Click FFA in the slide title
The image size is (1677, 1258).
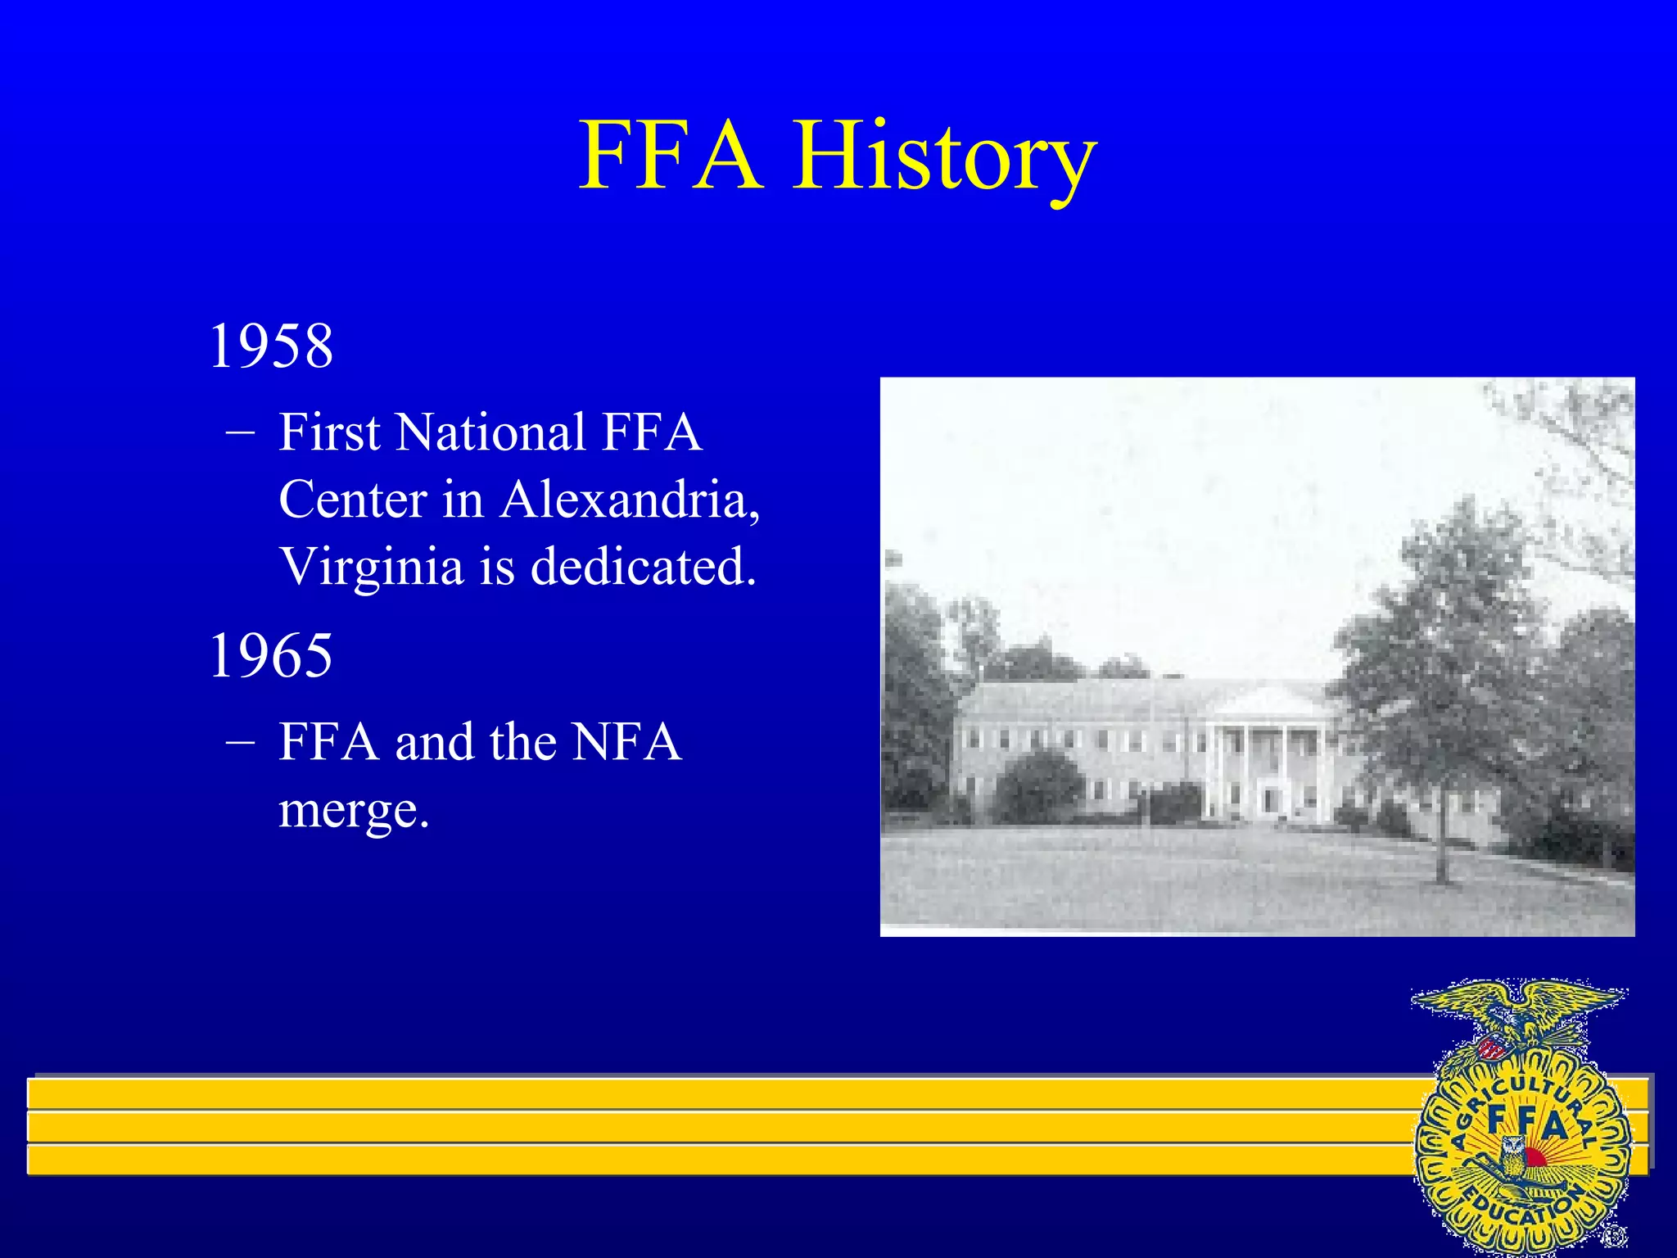[x=670, y=156]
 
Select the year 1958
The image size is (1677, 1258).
[x=271, y=346]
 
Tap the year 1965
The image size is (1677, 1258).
[x=271, y=655]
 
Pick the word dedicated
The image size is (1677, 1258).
[x=643, y=566]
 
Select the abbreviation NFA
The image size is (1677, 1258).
[x=626, y=742]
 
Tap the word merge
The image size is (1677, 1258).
[x=354, y=810]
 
